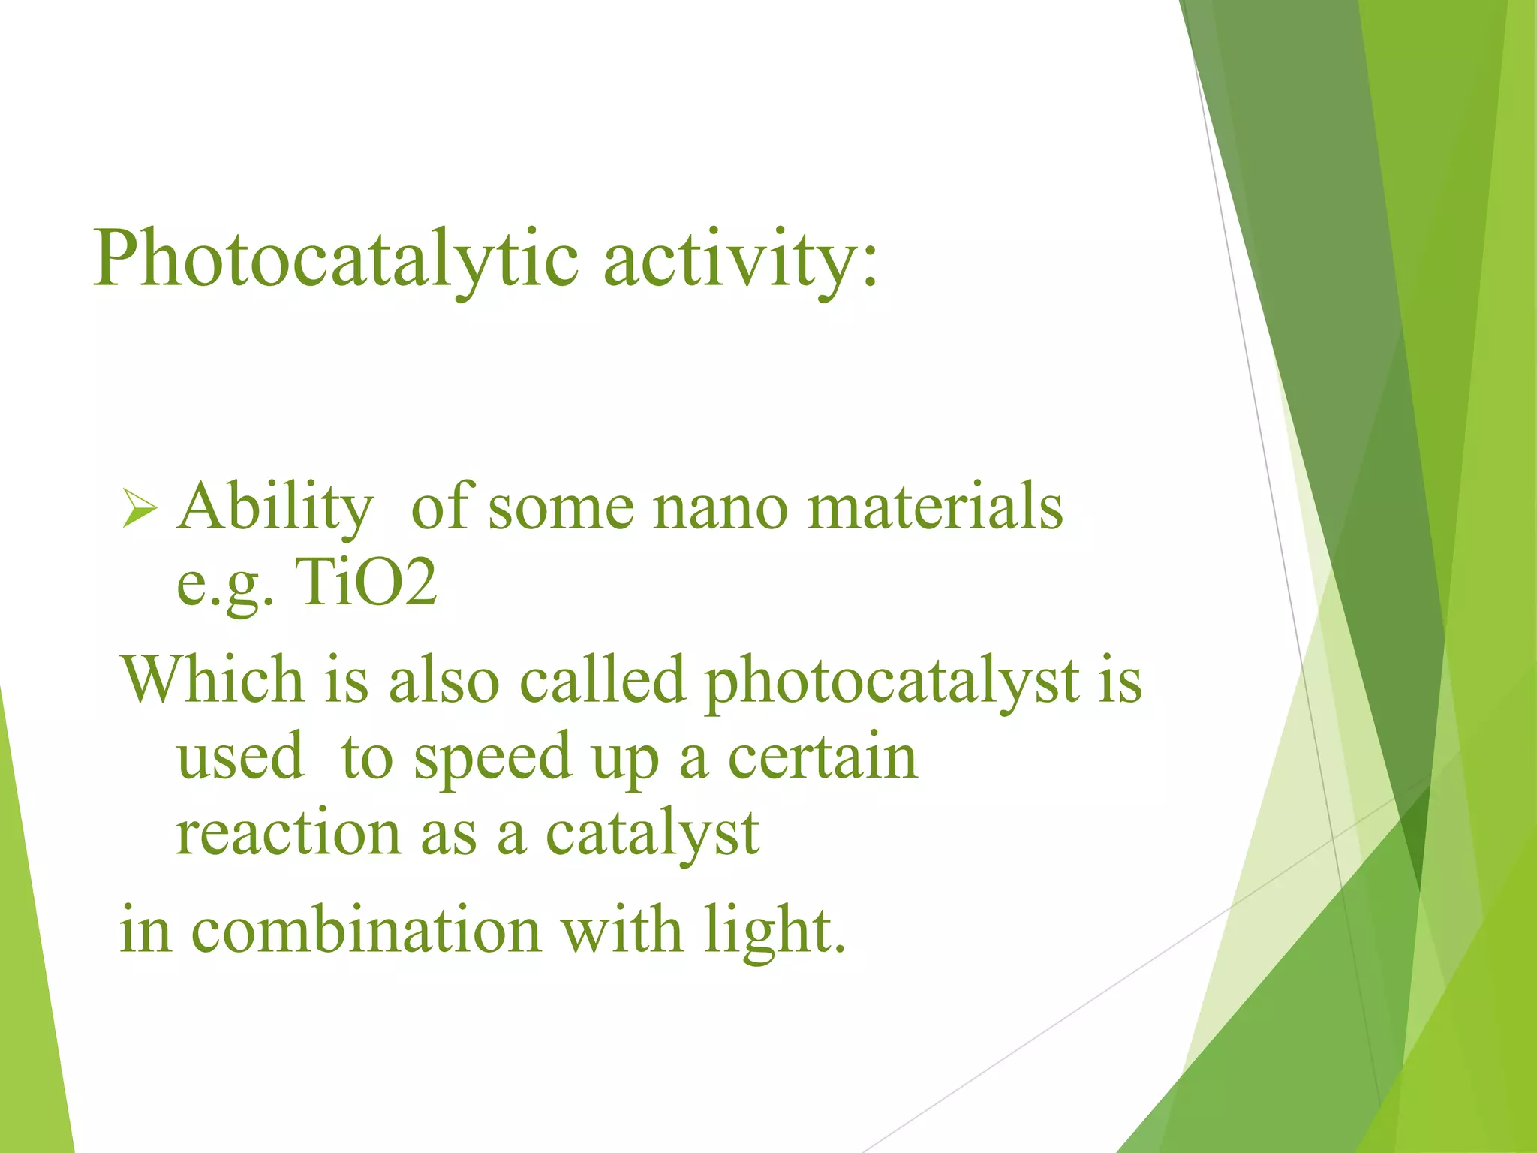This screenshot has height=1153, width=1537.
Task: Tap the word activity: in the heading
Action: [740, 260]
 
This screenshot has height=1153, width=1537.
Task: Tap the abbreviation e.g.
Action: [224, 586]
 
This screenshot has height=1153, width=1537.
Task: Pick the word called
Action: [603, 680]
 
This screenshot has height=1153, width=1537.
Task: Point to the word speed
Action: [492, 758]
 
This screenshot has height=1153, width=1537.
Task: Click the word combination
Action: [366, 930]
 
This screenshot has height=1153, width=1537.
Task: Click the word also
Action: [444, 680]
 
